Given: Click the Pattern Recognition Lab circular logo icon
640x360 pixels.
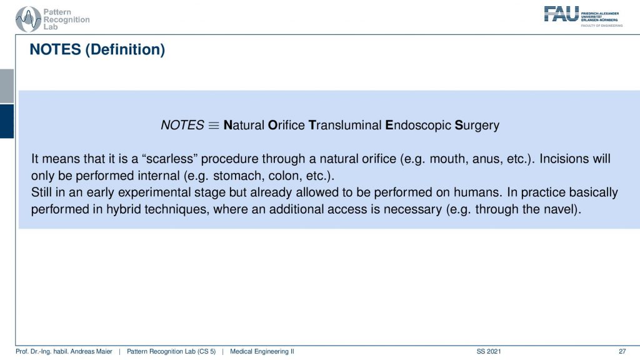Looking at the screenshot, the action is click(x=28, y=19).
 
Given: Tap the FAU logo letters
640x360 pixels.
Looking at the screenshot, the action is click(x=561, y=14).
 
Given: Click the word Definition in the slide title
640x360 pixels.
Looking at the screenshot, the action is click(x=125, y=49).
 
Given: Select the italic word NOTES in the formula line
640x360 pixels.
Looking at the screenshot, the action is click(x=182, y=125).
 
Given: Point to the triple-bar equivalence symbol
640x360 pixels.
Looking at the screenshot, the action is click(x=214, y=125).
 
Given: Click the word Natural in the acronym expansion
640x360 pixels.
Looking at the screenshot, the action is click(x=244, y=125).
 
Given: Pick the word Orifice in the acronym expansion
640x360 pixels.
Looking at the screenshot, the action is click(x=286, y=125).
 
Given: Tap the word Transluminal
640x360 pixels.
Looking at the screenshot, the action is click(x=345, y=125).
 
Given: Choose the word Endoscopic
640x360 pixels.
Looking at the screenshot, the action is click(x=418, y=125).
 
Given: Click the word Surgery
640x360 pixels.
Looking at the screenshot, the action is click(x=477, y=125).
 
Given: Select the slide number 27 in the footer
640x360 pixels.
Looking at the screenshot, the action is click(x=622, y=351).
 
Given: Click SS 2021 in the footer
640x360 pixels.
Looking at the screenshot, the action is click(x=489, y=351).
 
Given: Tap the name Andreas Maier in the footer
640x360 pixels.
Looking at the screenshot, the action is click(x=92, y=351).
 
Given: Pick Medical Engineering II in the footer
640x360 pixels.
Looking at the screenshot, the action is click(x=262, y=351).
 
